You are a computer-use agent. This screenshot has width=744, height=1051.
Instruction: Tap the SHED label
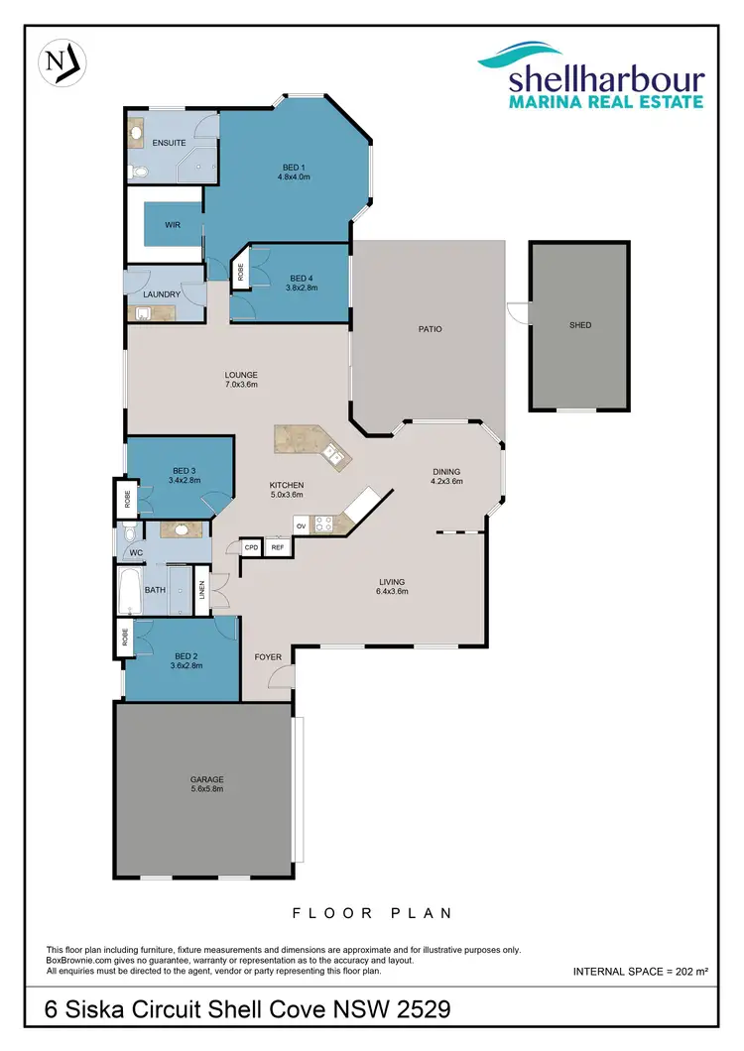[580, 325]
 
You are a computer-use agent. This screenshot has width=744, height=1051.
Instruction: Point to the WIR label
[173, 226]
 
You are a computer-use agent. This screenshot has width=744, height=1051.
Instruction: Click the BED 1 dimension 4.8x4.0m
[294, 177]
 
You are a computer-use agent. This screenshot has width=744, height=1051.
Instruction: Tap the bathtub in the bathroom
[130, 589]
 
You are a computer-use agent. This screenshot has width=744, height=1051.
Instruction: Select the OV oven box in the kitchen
[300, 525]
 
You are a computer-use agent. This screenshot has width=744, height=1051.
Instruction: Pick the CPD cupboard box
[252, 547]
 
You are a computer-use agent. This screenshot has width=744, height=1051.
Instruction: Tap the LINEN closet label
[201, 590]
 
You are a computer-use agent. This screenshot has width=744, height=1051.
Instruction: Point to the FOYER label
[268, 657]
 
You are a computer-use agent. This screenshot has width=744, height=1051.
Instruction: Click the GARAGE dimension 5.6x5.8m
[207, 790]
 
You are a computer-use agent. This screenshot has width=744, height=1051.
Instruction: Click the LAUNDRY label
[160, 294]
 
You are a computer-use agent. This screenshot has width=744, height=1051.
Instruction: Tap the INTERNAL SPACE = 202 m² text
[641, 972]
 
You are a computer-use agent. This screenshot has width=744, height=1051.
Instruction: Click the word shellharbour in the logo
[606, 80]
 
